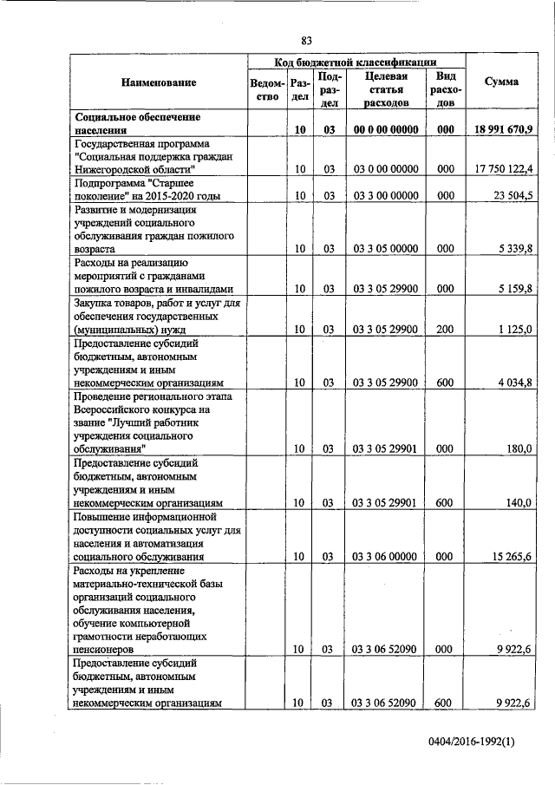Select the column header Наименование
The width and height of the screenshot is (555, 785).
tap(159, 82)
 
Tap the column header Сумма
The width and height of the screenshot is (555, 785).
tap(502, 82)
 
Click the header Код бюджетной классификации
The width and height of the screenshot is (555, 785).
tap(355, 62)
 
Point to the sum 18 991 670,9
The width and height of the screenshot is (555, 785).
tap(503, 129)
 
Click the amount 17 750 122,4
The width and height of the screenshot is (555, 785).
tap(504, 167)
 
